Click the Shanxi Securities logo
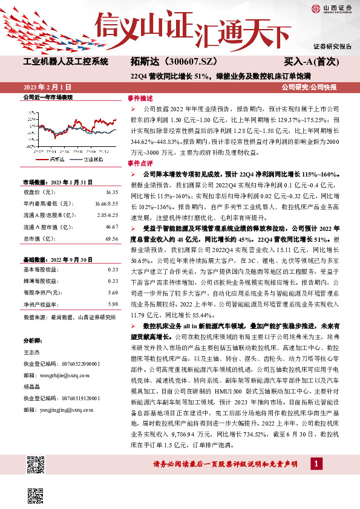coord(331,8)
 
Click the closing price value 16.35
coord(111,192)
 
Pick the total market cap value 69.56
coord(111,238)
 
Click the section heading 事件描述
coord(137,97)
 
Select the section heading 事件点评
coord(137,163)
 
